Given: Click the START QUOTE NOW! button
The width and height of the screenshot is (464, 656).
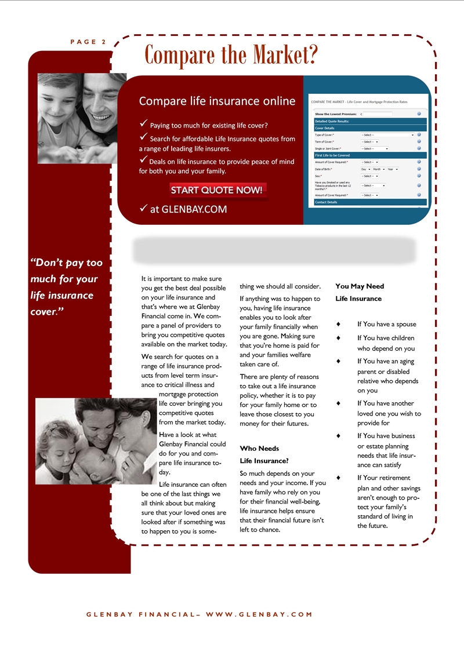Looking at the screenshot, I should pos(217,190).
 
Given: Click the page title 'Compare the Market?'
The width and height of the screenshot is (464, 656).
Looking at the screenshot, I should pos(231,55).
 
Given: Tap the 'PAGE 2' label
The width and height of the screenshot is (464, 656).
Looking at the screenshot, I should pos(88,42).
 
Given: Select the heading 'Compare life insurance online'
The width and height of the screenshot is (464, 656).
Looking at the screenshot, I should pos(217,101).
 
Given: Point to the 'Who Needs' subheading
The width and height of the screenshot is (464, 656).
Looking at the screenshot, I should pos(259,449).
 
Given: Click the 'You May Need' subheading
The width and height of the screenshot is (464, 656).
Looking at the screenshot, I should pos(360,286).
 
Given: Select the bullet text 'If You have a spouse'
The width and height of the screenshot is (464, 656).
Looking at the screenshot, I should pos(386,325).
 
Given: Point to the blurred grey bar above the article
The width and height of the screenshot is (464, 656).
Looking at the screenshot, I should pos(274,250).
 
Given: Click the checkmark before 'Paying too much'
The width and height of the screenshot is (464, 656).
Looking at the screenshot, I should pos(143,125).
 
